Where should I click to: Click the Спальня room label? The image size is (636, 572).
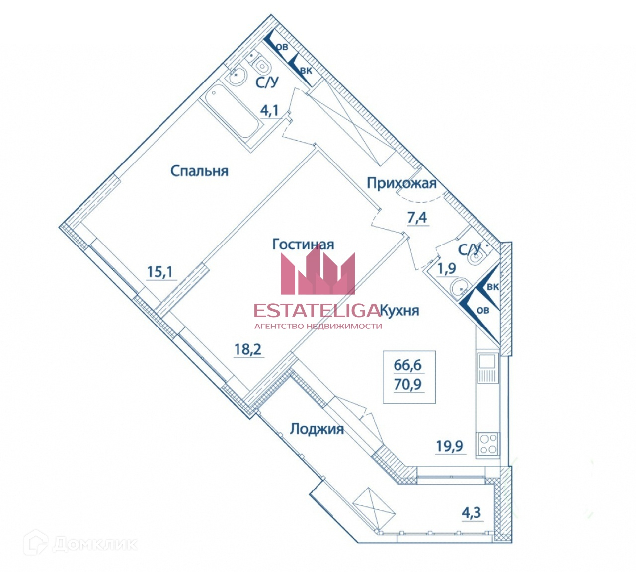pyautogui.click(x=199, y=171)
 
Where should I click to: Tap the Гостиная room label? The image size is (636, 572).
pyautogui.click(x=303, y=245)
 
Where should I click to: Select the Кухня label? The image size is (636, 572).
pyautogui.click(x=400, y=311)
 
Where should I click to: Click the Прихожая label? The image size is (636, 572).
pyautogui.click(x=401, y=183)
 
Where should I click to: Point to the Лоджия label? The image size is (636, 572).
pyautogui.click(x=317, y=429)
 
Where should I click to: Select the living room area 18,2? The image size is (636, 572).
pyautogui.click(x=248, y=349)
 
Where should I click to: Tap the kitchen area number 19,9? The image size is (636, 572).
pyautogui.click(x=450, y=446)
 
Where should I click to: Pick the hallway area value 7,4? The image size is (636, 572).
pyautogui.click(x=417, y=218)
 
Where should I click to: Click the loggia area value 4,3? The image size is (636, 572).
pyautogui.click(x=471, y=513)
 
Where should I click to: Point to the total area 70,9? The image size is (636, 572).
pyautogui.click(x=408, y=384)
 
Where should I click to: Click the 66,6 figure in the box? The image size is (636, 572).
pyautogui.click(x=408, y=365)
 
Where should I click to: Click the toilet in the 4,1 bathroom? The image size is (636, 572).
pyautogui.click(x=261, y=65)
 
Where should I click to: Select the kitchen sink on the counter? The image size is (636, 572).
pyautogui.click(x=487, y=368)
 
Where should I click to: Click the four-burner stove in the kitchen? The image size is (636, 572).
pyautogui.click(x=488, y=444)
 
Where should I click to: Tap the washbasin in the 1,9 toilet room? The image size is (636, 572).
pyautogui.click(x=459, y=287)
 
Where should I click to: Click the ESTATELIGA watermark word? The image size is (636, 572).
pyautogui.click(x=317, y=311)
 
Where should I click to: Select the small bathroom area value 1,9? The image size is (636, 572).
pyautogui.click(x=446, y=269)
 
